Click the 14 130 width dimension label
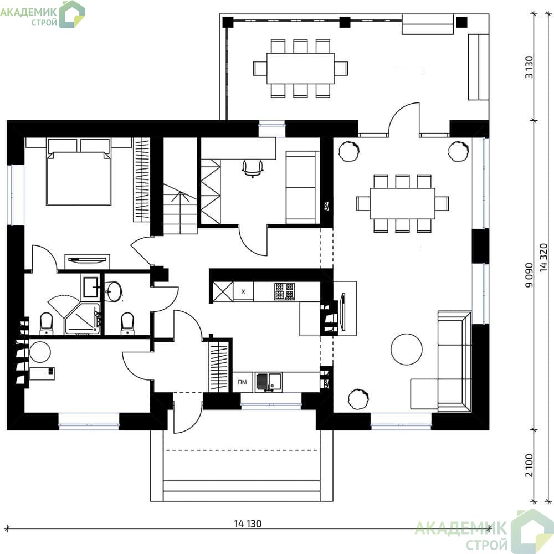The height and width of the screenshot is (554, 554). [248, 524]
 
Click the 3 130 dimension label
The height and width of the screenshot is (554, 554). [529, 67]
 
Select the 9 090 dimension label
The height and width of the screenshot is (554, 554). [529, 275]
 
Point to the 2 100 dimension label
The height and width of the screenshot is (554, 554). [529, 465]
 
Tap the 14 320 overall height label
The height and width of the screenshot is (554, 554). [544, 258]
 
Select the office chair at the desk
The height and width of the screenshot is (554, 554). [253, 168]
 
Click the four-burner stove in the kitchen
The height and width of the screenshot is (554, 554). [284, 291]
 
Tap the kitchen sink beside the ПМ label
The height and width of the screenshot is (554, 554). [269, 382]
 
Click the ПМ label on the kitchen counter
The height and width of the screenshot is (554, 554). [243, 382]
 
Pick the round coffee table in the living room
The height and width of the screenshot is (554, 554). [407, 349]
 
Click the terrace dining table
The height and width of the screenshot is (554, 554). [300, 69]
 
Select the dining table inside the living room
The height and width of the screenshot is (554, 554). [402, 203]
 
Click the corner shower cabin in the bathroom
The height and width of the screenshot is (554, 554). [83, 318]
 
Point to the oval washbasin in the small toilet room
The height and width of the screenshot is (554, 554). [114, 291]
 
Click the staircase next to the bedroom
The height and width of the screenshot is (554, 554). [180, 208]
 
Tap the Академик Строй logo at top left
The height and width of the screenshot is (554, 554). [43, 14]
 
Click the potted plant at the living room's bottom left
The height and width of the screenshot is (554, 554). [358, 399]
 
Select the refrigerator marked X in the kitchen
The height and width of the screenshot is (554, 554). [243, 291]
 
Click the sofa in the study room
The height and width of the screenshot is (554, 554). [301, 187]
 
